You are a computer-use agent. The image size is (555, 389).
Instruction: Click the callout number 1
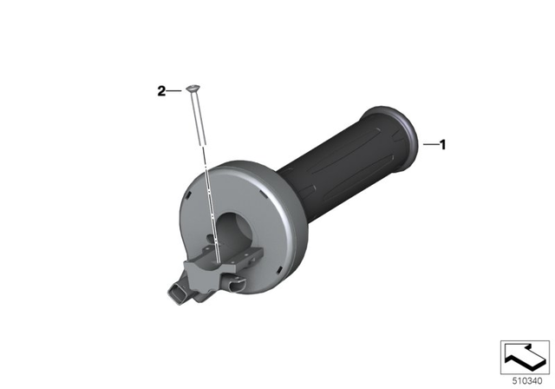pos(442,144)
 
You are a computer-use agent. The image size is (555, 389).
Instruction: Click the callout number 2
pos(161,89)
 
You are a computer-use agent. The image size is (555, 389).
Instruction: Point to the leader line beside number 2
pos(174,89)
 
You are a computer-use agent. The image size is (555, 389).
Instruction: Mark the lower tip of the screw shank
pos(201,142)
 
